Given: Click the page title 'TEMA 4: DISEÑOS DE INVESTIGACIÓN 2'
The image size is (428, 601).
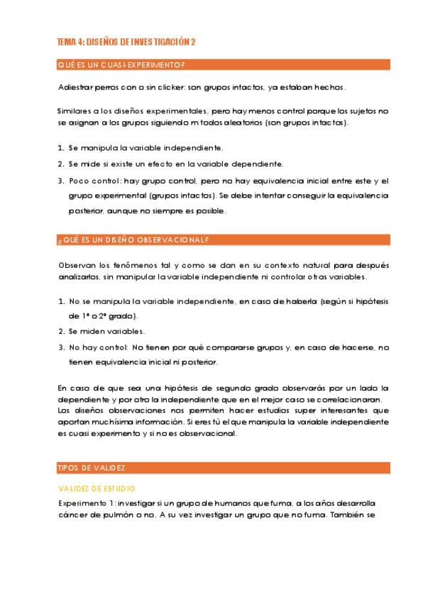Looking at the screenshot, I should [126, 42].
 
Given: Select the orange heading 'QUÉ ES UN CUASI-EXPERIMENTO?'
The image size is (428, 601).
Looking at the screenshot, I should [121, 66].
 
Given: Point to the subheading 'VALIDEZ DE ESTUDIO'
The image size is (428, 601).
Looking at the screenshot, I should [97, 488].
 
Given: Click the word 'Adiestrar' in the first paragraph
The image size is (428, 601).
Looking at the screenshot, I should [73, 88].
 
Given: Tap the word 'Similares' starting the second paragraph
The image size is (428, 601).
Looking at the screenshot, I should [75, 111].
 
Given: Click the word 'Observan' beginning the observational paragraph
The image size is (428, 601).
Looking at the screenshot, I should [75, 264].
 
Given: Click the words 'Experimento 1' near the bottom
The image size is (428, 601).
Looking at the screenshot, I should [84, 502].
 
